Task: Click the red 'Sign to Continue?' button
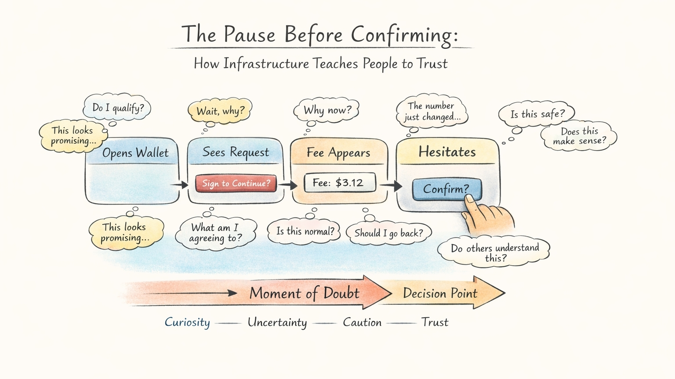point(236,184)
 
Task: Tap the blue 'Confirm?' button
point(446,189)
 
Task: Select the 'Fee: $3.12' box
point(340,183)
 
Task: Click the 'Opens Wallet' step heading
point(135,153)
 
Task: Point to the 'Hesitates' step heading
point(447,152)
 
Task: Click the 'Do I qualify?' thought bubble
point(118,108)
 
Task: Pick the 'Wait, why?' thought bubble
point(220,110)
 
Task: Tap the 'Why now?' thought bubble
point(327,110)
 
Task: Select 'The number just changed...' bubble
point(432,112)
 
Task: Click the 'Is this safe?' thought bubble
point(537,114)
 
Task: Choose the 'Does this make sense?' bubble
point(579,136)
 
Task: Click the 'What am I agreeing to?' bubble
point(215,233)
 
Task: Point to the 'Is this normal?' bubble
point(305,231)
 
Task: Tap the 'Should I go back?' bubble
point(388,233)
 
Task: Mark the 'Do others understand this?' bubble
point(494,253)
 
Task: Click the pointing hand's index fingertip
point(470,198)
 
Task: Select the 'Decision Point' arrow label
point(440,293)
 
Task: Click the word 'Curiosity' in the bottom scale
point(187,322)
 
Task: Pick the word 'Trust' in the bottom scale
point(435,322)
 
